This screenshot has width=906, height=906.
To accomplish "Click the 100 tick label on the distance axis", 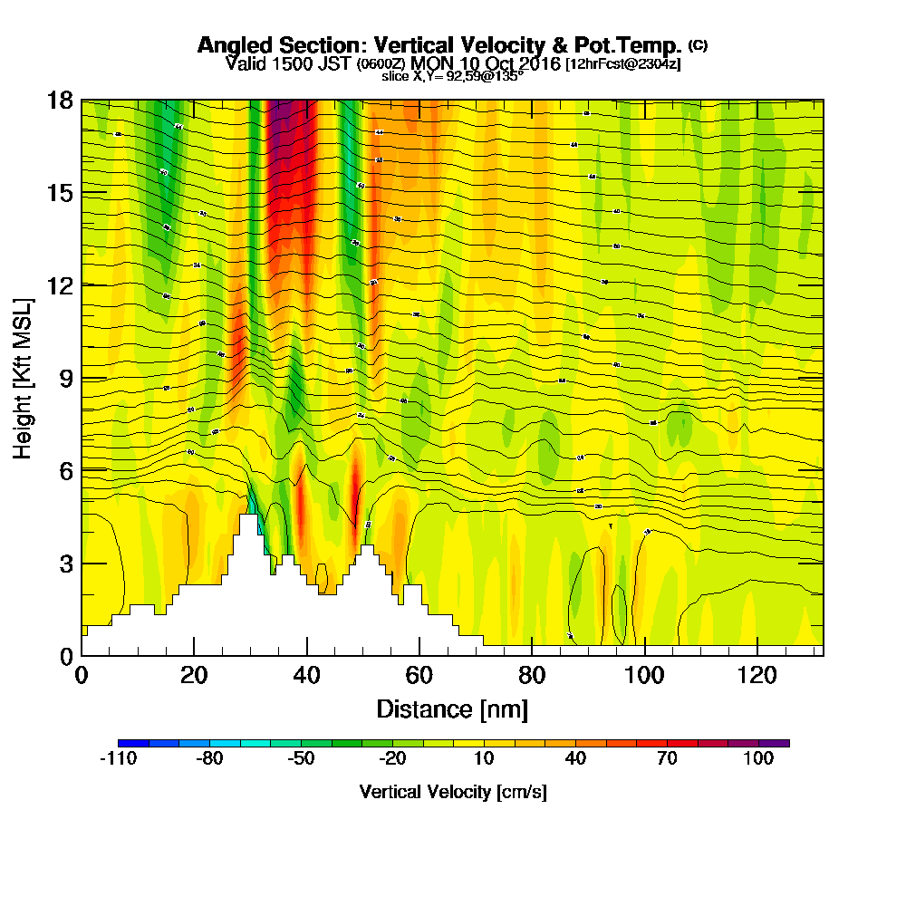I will [644, 675].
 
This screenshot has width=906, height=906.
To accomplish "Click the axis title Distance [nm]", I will [452, 708].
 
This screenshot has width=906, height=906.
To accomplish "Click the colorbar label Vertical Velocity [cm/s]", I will [453, 792].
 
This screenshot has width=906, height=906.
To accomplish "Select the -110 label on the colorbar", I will [118, 759].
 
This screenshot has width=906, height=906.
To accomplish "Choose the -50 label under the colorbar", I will [301, 759].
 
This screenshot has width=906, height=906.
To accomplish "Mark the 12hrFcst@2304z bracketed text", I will [622, 64].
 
